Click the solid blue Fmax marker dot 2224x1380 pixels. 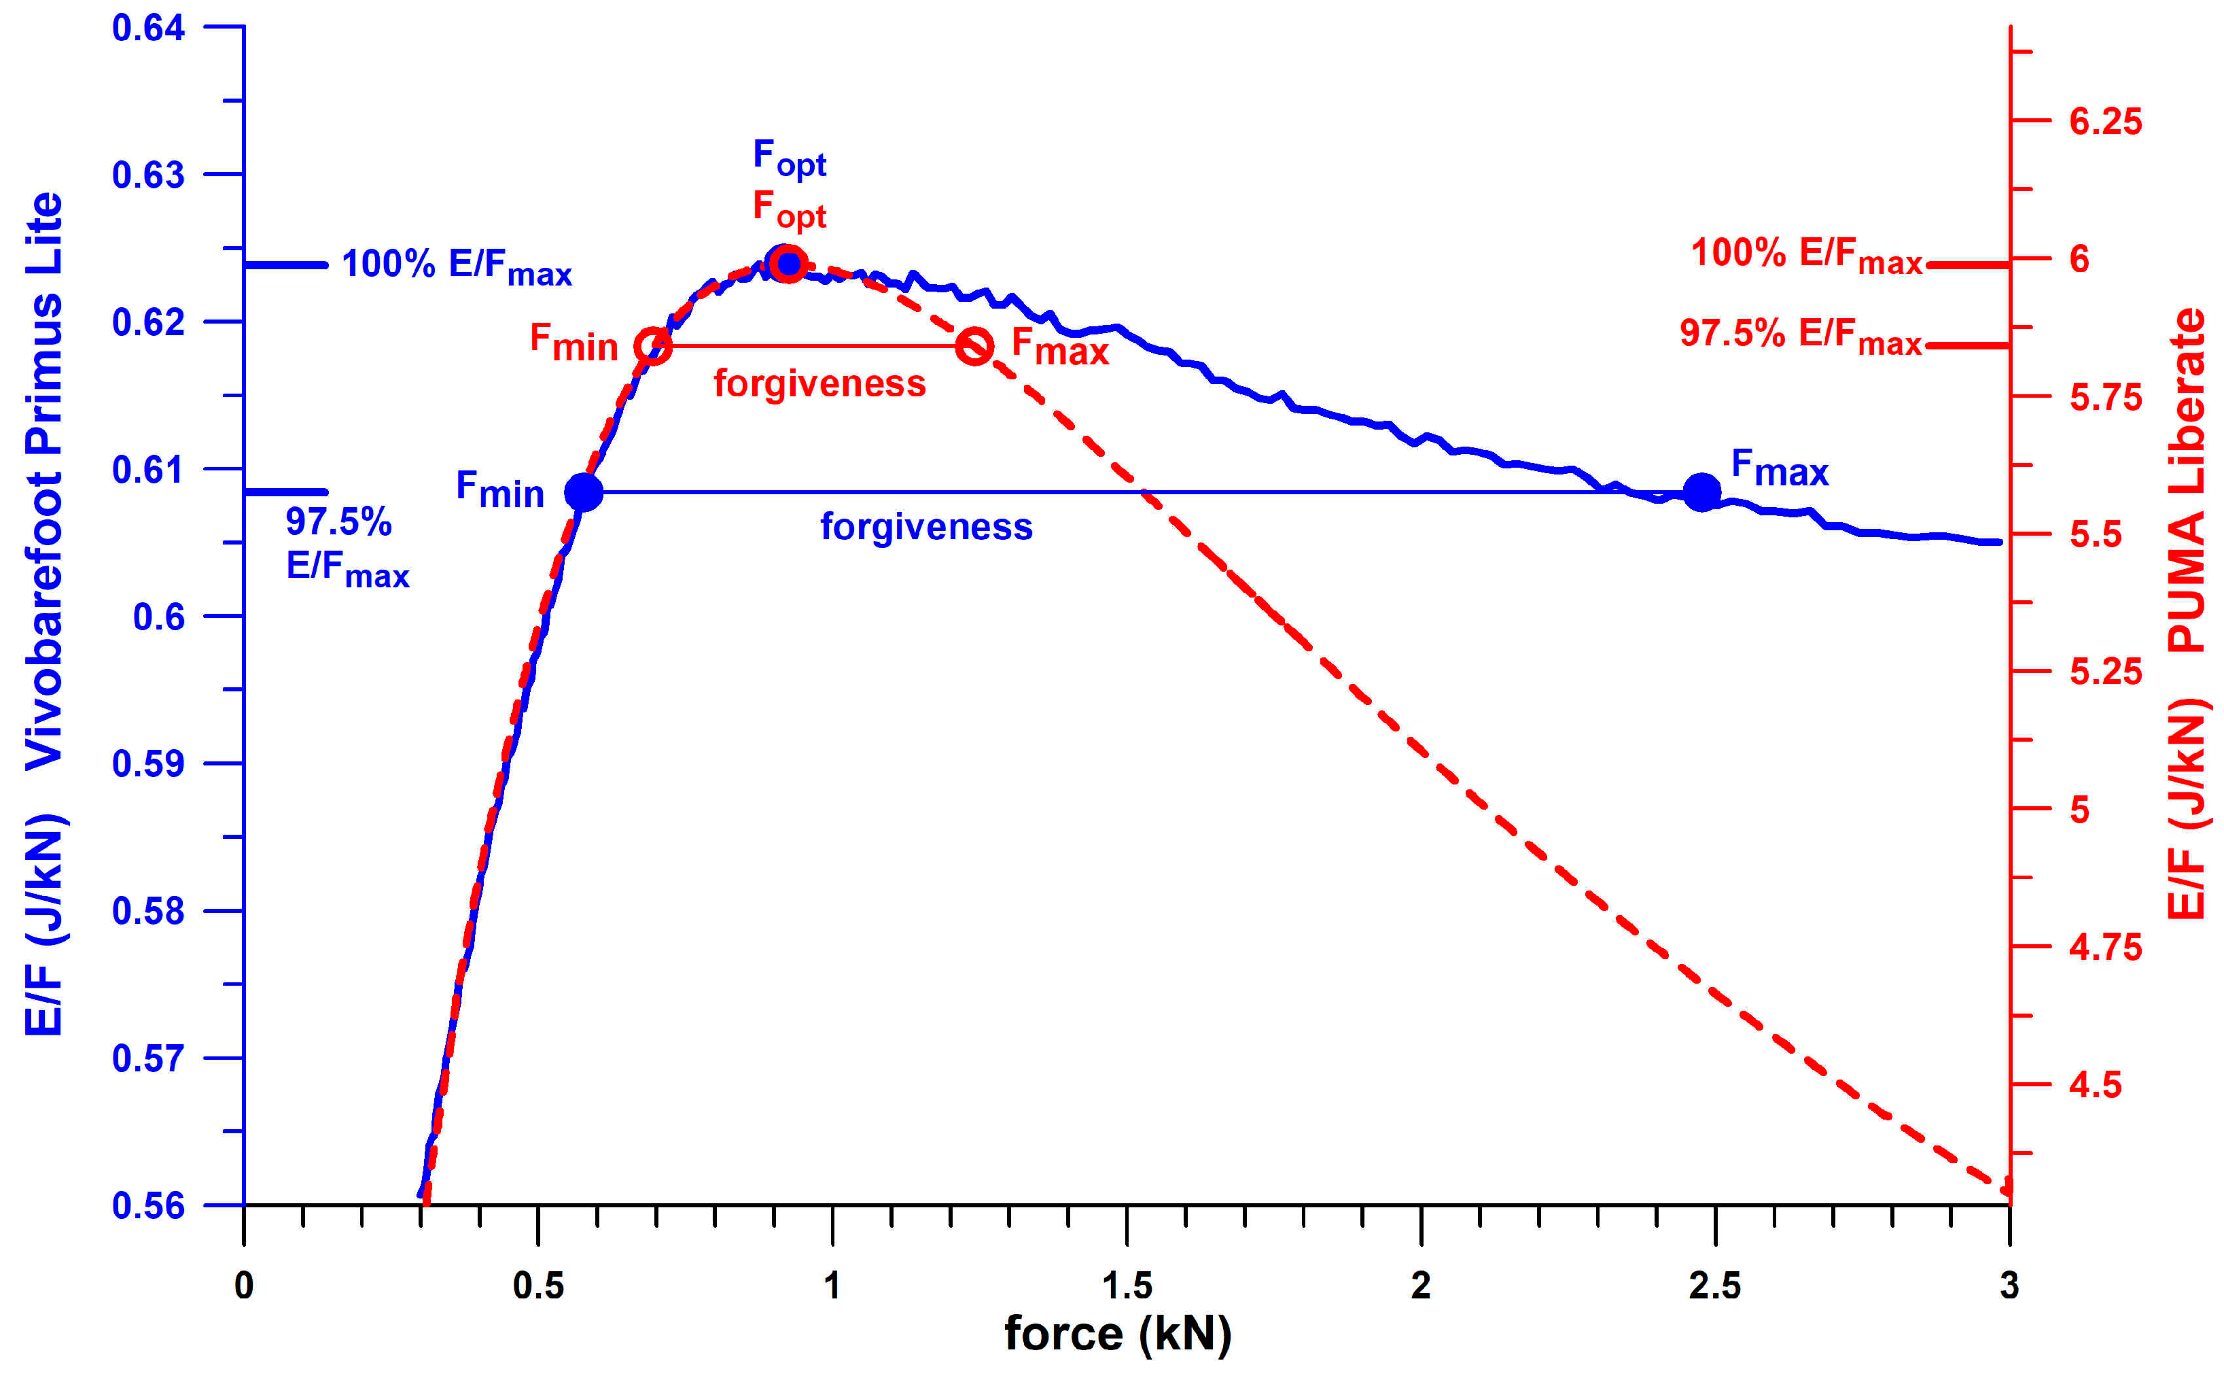(1701, 493)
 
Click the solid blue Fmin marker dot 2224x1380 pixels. (584, 492)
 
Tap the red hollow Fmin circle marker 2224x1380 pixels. (653, 346)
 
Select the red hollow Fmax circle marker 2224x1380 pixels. (974, 346)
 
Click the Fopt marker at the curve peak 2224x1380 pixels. (786, 264)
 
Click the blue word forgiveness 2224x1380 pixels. (926, 527)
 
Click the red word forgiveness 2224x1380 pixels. (819, 383)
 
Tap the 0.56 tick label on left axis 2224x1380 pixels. (147, 1206)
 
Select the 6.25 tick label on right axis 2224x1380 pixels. (2105, 122)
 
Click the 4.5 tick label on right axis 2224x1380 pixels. (2094, 1084)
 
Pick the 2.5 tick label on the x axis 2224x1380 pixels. (1714, 1285)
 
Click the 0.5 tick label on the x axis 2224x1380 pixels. (537, 1285)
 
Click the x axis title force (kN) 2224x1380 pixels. (1118, 1334)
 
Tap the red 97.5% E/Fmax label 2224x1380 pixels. (1801, 334)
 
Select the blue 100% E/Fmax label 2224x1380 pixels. (456, 266)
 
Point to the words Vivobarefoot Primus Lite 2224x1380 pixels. (43, 479)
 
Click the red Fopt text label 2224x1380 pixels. (789, 210)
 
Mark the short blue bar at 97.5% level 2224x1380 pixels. (285, 492)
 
